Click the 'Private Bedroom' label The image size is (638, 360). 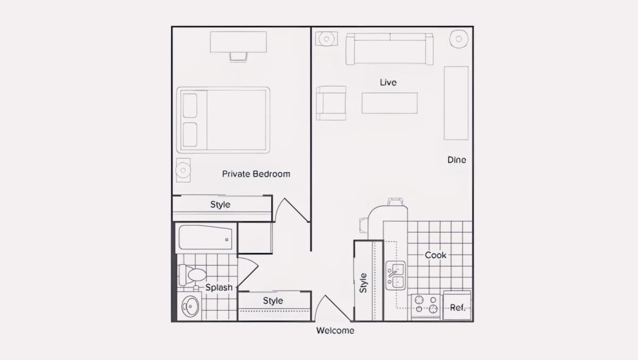(x=256, y=174)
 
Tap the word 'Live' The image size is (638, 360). (x=388, y=82)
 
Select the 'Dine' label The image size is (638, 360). (x=457, y=160)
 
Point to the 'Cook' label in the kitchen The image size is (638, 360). (x=435, y=255)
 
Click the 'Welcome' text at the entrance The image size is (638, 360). (x=335, y=330)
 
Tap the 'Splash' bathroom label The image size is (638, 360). (x=219, y=287)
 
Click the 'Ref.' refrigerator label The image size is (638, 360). (x=457, y=307)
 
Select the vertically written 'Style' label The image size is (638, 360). (x=363, y=283)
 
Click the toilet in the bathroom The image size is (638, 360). (x=192, y=275)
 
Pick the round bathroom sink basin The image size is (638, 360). (x=190, y=306)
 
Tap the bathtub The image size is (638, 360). (x=205, y=238)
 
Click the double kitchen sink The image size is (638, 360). (x=396, y=275)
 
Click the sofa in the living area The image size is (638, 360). (x=389, y=49)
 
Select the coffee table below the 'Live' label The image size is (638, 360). (x=390, y=103)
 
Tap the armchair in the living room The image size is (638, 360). (x=331, y=103)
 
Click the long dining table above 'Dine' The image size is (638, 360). (x=456, y=103)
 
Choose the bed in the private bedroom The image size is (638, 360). (x=223, y=120)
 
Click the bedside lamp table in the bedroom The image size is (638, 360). (x=183, y=170)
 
